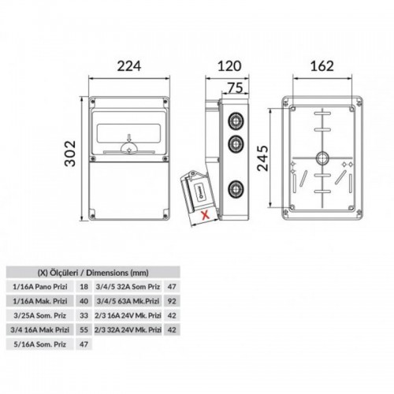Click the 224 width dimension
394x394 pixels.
point(129,66)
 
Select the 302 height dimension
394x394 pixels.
point(70,154)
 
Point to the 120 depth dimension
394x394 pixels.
point(229,66)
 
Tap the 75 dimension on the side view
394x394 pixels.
point(236,87)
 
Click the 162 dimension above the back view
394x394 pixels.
point(322,66)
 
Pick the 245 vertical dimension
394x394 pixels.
point(263,158)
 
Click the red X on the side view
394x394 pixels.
point(206,215)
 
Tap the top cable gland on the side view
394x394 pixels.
point(236,121)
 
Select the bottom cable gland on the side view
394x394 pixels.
point(236,189)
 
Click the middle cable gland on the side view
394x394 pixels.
point(236,144)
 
